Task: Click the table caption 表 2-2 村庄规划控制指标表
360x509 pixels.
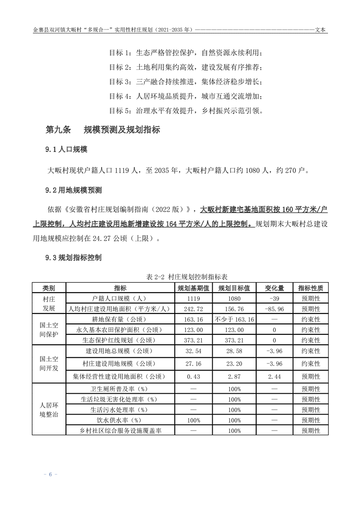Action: pos(180,276)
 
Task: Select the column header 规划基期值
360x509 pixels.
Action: pos(193,288)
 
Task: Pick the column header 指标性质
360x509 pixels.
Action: pos(311,288)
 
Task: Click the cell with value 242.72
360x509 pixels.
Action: pos(193,309)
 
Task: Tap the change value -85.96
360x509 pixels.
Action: pos(274,309)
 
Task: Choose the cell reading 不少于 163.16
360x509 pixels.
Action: pos(234,319)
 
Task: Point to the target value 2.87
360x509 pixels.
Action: pos(234,377)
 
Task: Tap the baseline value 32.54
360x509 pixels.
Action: pos(193,351)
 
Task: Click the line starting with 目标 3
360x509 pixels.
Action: pos(186,82)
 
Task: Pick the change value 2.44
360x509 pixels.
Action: pos(274,377)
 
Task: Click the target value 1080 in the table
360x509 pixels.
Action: pos(234,299)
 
